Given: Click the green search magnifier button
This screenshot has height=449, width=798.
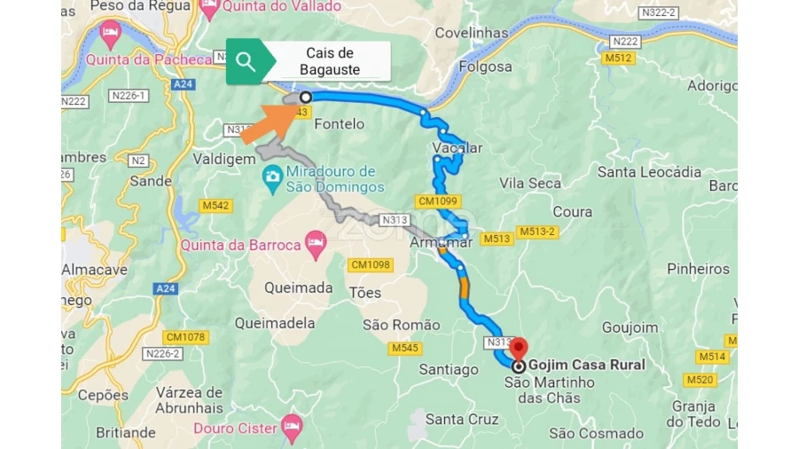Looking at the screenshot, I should [x=246, y=62].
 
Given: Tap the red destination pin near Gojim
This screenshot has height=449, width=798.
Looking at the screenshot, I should [x=520, y=348].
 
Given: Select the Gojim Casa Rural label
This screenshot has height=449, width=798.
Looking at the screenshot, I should [x=586, y=365].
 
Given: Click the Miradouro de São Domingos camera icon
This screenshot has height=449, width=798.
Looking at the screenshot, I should [x=272, y=178].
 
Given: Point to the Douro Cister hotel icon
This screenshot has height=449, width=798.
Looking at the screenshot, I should [x=292, y=427].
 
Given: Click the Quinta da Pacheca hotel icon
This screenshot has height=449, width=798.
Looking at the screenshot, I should [x=110, y=35].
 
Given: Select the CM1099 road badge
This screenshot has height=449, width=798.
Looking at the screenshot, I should [x=438, y=201].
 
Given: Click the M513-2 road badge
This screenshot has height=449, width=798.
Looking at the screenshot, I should [x=537, y=232].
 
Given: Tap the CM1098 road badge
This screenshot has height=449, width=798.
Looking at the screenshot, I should [x=371, y=264].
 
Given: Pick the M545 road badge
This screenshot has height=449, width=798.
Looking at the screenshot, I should [x=404, y=347].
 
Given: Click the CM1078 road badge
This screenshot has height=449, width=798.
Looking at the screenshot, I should [x=185, y=337].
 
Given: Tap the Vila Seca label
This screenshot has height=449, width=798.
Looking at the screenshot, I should [x=530, y=183].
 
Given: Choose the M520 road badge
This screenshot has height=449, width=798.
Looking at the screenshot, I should [x=700, y=380].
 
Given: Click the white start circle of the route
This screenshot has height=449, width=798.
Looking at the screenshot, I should [x=306, y=97].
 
